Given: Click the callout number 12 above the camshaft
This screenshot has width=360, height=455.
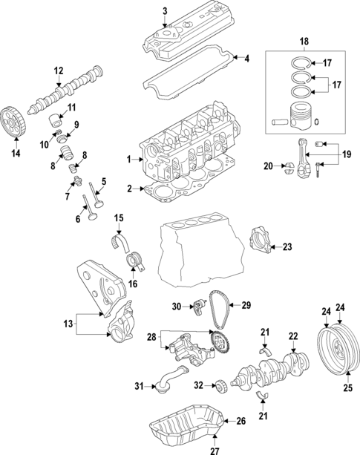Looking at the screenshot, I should tap(58, 71).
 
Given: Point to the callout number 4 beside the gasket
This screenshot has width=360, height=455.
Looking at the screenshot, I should tap(247, 59).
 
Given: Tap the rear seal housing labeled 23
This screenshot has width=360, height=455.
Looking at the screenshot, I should tap(261, 241).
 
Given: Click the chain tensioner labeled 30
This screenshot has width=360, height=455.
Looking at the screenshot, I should tap(199, 305).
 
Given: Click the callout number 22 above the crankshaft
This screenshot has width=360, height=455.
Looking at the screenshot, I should tap(292, 335).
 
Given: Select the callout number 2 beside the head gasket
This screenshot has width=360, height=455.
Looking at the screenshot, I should tap(128, 189).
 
